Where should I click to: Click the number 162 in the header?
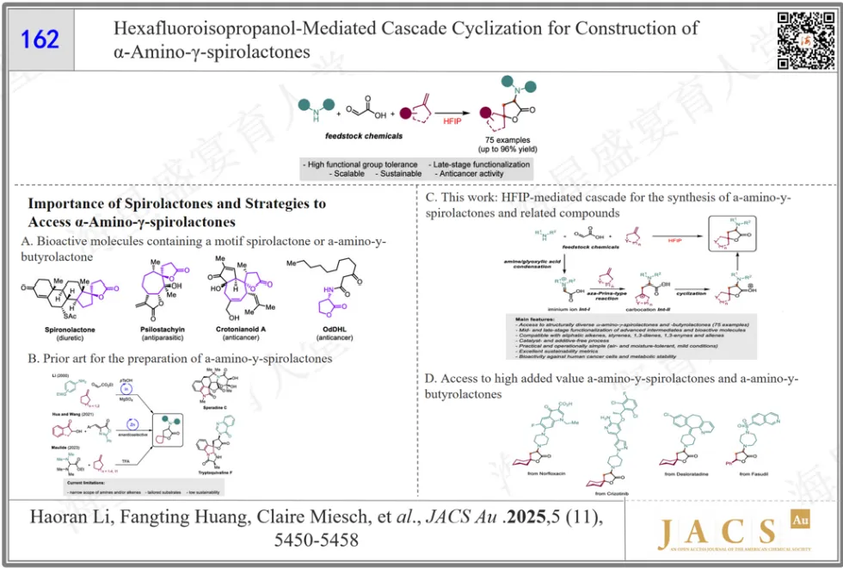(40, 39)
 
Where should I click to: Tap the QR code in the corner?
(794, 40)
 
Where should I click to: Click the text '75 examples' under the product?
(508, 139)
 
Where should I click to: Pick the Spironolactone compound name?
(69, 330)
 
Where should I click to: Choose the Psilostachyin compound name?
(163, 330)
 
